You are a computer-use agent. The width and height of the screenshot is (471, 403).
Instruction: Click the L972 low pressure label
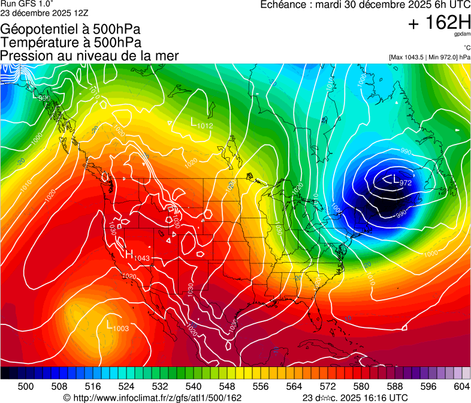[401, 181]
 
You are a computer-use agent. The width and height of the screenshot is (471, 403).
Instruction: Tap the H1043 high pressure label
[137, 256]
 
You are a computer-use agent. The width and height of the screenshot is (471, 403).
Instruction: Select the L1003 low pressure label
[117, 327]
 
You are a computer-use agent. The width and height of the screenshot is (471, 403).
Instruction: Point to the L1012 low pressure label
[201, 124]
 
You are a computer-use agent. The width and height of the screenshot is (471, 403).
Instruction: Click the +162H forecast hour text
[439, 23]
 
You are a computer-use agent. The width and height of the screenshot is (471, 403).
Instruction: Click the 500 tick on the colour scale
[26, 386]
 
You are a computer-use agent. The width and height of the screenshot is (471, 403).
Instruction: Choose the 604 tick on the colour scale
[461, 386]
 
